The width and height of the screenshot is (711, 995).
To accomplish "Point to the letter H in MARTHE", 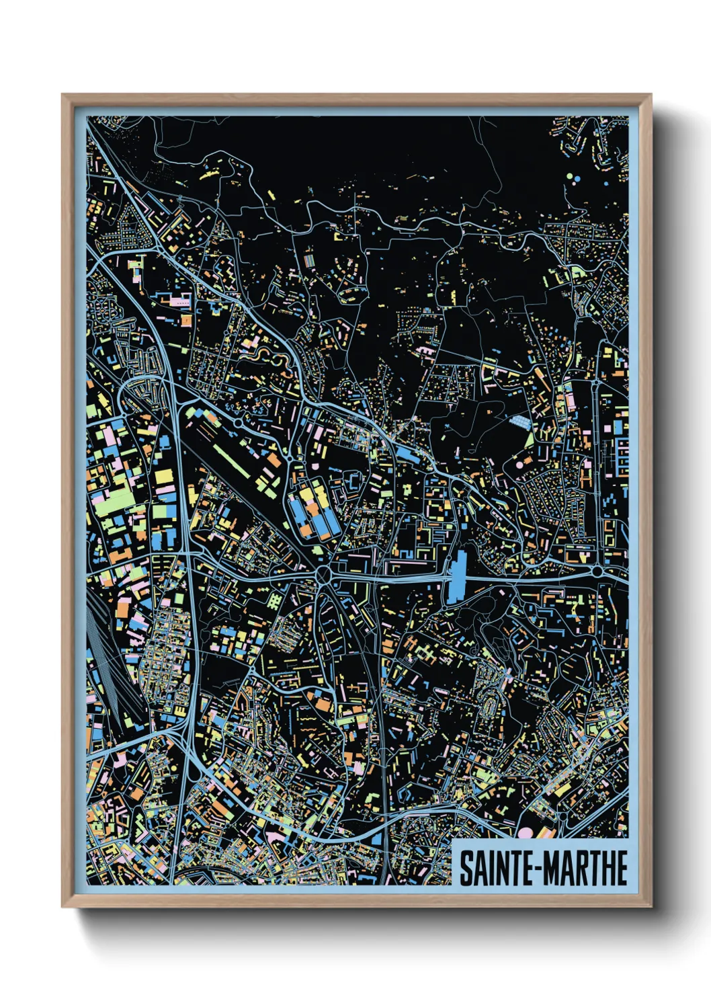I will (605, 868).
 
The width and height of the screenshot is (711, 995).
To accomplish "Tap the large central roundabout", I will (324, 575).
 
